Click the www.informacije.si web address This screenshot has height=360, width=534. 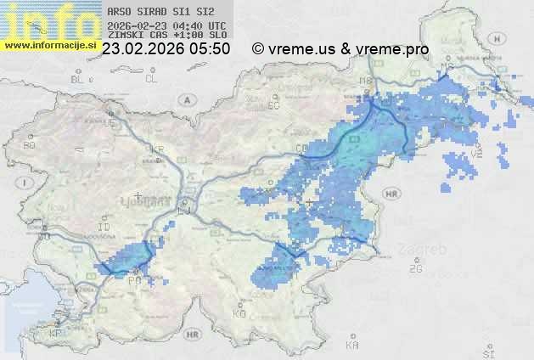coord(51,44)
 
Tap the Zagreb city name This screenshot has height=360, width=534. coord(427,250)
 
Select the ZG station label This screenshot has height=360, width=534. coord(415,269)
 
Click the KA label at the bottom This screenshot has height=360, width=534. coord(351,346)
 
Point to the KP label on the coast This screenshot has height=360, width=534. coord(56,334)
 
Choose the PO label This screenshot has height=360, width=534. coord(134,279)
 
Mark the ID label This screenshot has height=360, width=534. coord(104,228)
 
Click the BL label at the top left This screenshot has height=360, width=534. coord(79,79)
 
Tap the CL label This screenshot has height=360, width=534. coord(151,79)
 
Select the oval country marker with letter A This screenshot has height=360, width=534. coord(185,98)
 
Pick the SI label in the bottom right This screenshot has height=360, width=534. coord(487,351)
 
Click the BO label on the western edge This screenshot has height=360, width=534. coord(29,145)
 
